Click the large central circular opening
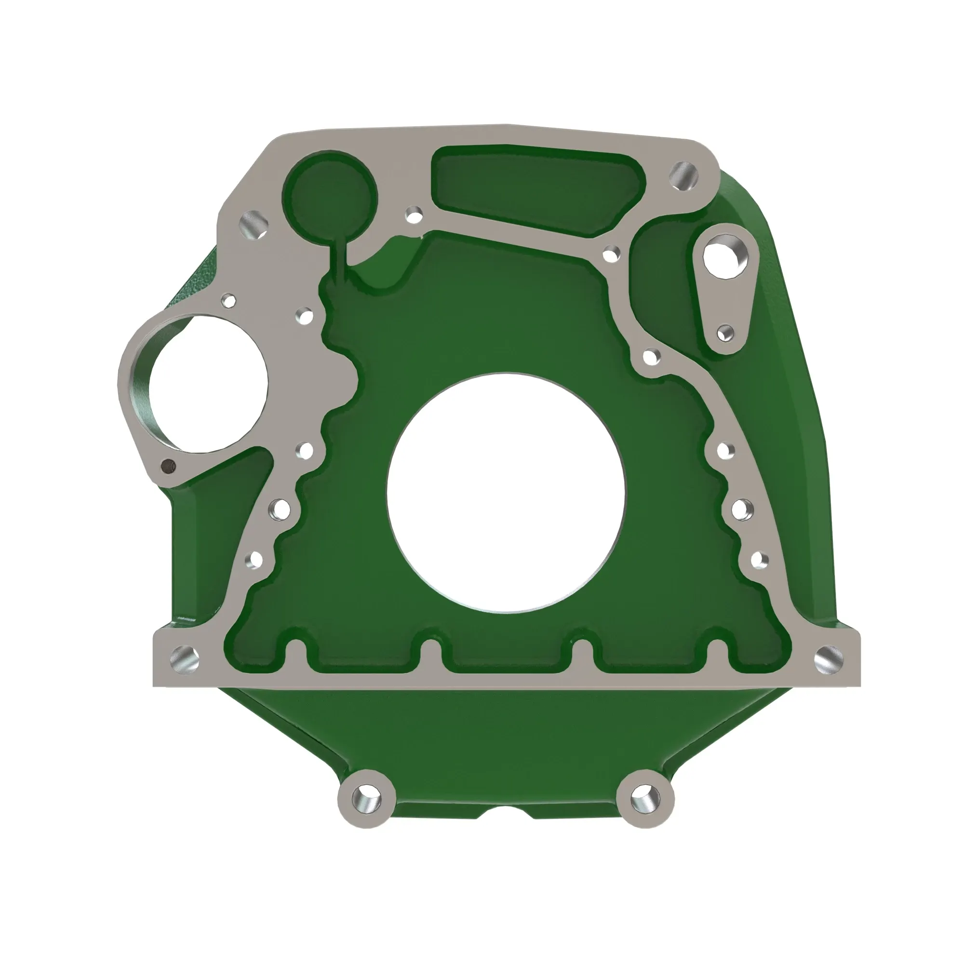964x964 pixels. [x=506, y=493]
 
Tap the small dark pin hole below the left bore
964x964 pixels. [x=168, y=466]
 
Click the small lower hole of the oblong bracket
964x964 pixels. [x=725, y=333]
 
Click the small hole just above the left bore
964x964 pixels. [x=229, y=301]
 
